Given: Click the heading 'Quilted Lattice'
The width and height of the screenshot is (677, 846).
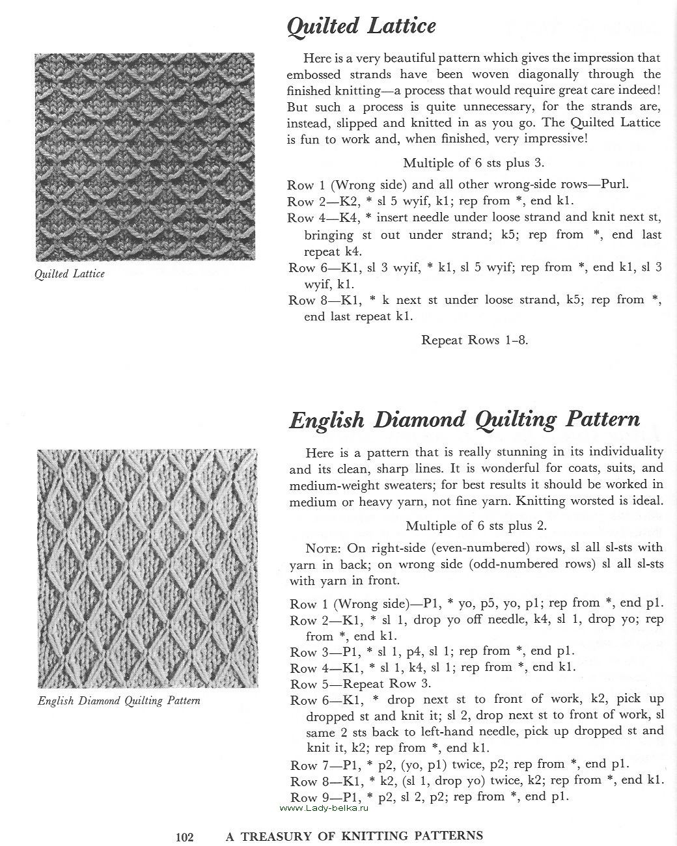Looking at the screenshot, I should pyautogui.click(x=361, y=26).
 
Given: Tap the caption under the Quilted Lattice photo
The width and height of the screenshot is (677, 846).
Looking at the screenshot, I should pyautogui.click(x=70, y=274).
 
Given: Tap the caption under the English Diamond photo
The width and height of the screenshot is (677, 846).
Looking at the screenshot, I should pyautogui.click(x=119, y=701).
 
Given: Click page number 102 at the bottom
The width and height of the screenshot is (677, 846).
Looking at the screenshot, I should pyautogui.click(x=185, y=836).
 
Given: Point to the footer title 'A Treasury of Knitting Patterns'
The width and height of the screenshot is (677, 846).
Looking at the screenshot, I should pyautogui.click(x=354, y=836).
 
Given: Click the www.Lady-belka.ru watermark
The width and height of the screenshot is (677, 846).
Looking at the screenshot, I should pyautogui.click(x=324, y=808).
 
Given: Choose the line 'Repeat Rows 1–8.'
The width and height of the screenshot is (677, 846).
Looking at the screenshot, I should pyautogui.click(x=475, y=340).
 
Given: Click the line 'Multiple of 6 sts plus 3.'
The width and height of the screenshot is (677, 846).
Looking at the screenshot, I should pyautogui.click(x=473, y=163).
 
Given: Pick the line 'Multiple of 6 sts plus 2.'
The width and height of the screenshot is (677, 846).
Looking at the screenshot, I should pyautogui.click(x=475, y=525).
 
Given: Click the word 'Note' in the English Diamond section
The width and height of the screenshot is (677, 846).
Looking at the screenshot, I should pyautogui.click(x=324, y=548).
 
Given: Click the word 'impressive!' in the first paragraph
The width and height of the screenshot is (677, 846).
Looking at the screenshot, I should pyautogui.click(x=560, y=139).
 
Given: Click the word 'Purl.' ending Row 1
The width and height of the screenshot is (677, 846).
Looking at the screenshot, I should pyautogui.click(x=613, y=184).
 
